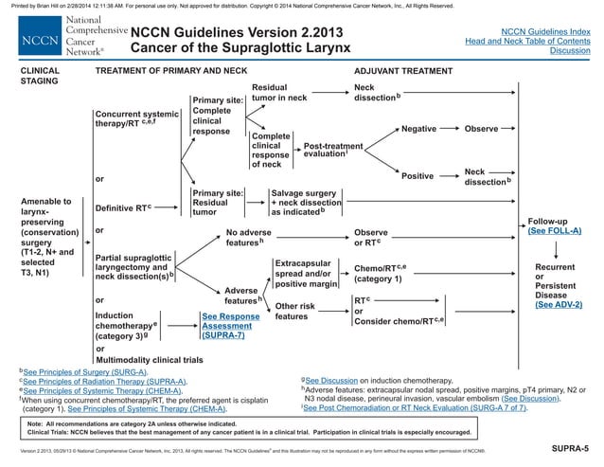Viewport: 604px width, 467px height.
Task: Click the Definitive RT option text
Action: point(123,207)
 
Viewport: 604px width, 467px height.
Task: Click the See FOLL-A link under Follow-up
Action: point(555,231)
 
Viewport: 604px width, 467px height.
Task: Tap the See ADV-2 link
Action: point(558,305)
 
